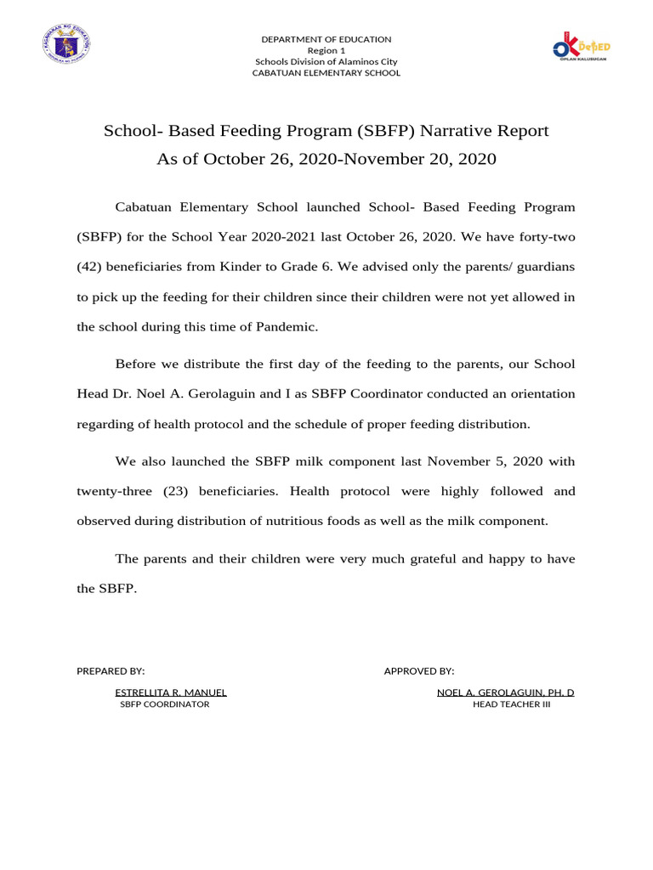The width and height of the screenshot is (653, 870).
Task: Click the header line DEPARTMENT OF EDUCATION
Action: coord(326,39)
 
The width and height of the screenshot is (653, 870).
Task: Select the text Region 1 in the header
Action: coord(326,50)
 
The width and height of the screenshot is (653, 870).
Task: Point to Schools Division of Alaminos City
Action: coord(326,61)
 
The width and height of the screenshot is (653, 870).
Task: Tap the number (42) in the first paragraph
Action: coord(91,267)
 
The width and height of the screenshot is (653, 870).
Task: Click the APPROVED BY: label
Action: coord(419,671)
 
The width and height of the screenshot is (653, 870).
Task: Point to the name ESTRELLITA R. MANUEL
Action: coord(171,692)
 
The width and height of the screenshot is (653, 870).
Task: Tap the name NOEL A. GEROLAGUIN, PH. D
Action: coord(505,692)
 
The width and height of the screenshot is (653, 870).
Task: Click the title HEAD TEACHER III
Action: coord(512,704)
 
